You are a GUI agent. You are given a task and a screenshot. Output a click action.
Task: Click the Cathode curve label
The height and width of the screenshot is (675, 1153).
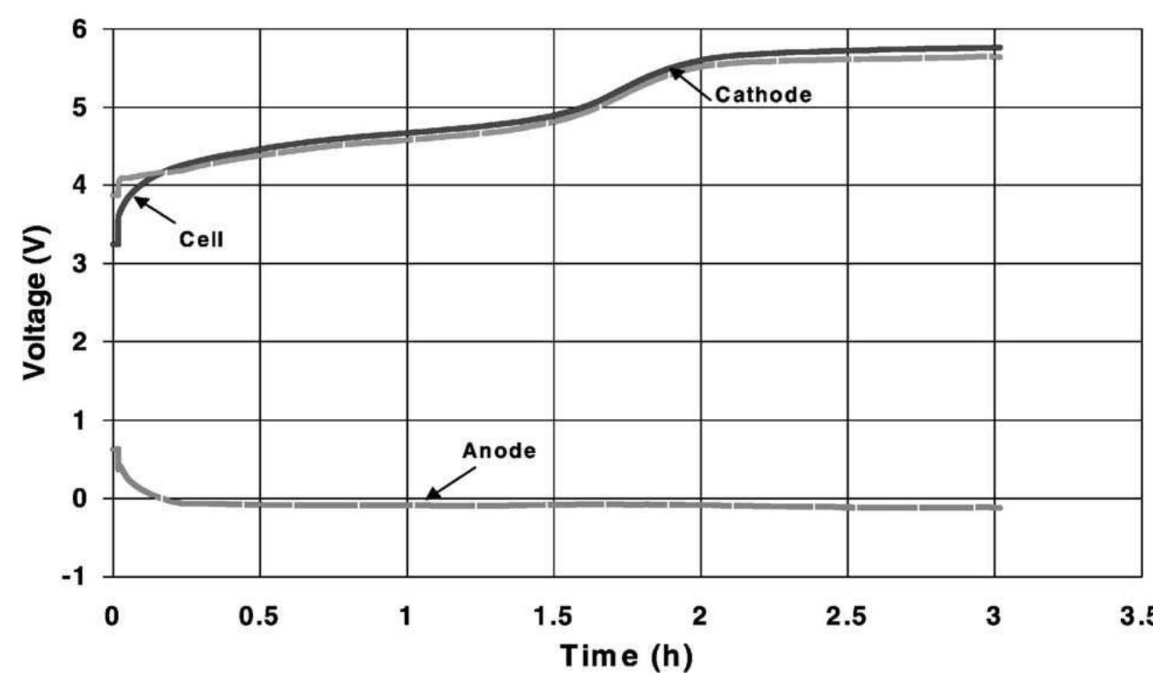coord(763,95)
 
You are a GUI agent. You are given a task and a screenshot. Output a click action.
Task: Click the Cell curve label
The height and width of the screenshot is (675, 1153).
coord(201,239)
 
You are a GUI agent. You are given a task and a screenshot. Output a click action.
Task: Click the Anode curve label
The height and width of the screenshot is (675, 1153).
coord(499,451)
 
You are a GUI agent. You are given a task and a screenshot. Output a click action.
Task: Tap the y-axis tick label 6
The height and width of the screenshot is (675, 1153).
coord(81,30)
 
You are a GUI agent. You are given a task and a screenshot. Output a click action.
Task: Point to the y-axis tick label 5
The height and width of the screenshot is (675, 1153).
coord(81,107)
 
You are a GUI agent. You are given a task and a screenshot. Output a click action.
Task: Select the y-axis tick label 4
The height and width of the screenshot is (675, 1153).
coord(81,186)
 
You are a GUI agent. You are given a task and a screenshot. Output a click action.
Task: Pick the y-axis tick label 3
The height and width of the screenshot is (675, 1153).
coord(81,264)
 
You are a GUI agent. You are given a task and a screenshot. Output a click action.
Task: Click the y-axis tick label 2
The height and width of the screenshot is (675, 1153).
coord(81,342)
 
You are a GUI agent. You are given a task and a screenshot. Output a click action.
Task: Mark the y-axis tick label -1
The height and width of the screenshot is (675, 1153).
coord(76,577)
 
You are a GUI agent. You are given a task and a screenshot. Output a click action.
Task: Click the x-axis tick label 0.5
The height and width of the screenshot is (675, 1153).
coord(258,617)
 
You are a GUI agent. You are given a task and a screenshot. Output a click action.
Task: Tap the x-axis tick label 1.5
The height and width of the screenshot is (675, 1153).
coord(553,617)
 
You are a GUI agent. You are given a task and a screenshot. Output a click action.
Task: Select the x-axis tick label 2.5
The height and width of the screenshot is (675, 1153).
coord(846,617)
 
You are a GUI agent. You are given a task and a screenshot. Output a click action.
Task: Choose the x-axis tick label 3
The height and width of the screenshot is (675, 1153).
coord(993,617)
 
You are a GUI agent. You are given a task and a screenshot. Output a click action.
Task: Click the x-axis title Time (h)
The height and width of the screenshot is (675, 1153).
coord(626,656)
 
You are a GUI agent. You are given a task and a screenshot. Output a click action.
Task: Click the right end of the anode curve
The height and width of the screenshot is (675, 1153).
coord(999,508)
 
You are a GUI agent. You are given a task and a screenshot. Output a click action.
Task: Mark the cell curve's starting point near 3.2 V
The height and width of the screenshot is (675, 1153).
coord(116,244)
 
